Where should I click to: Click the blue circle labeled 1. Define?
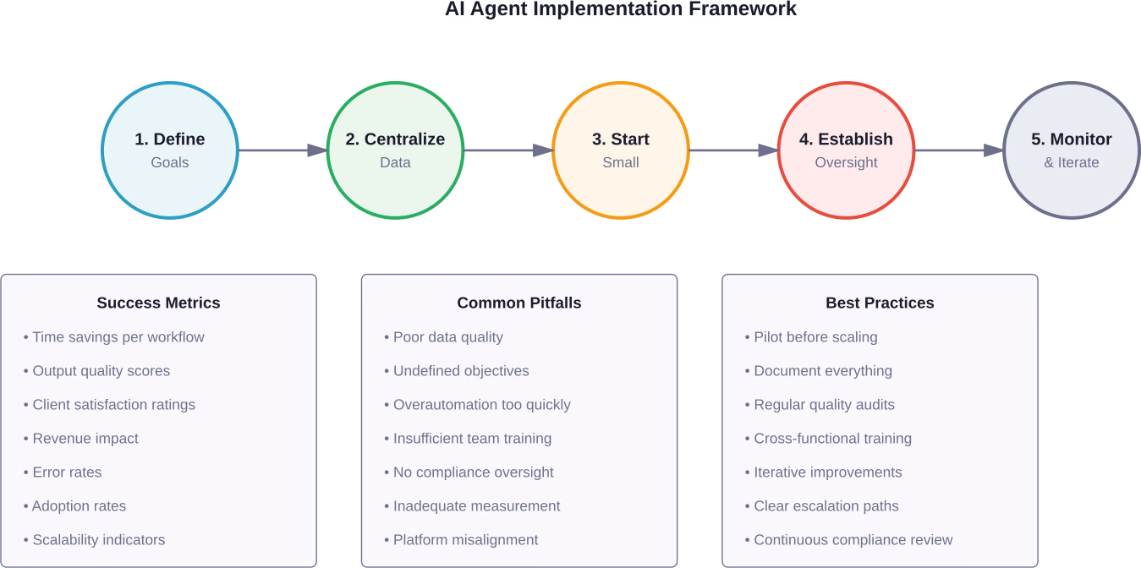click(x=170, y=150)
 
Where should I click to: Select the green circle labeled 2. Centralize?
click(x=395, y=150)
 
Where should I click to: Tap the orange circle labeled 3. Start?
click(x=621, y=150)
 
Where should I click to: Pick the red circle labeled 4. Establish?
click(x=846, y=150)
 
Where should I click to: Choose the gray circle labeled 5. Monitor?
click(x=1071, y=150)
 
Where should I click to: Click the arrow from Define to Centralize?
click(x=283, y=150)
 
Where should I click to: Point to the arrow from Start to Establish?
click(x=733, y=150)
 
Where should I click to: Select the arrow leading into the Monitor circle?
click(x=958, y=150)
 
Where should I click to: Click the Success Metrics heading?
click(x=158, y=303)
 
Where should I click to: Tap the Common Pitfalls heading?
click(x=519, y=303)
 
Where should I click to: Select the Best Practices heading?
click(x=880, y=303)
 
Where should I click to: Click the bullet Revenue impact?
click(x=85, y=439)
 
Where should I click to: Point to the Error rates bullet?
click(x=67, y=472)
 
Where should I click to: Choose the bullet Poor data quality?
click(x=447, y=337)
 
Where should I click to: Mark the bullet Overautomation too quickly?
click(x=481, y=405)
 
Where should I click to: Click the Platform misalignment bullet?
click(x=465, y=540)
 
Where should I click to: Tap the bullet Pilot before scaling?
click(x=815, y=337)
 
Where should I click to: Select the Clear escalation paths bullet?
click(x=826, y=506)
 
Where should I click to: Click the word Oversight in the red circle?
click(x=846, y=162)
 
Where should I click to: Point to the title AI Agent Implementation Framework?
click(x=621, y=8)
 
